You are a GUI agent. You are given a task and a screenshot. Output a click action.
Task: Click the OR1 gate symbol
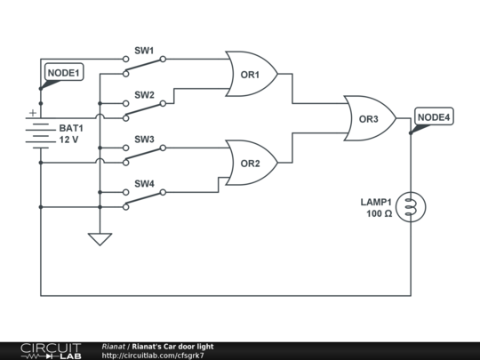[251, 74]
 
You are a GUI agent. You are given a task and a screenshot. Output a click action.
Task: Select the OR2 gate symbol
[251, 163]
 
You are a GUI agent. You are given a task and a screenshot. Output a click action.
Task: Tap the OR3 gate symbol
[370, 118]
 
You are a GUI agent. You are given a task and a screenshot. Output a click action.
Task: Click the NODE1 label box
[64, 73]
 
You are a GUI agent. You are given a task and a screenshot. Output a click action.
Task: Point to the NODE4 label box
[434, 116]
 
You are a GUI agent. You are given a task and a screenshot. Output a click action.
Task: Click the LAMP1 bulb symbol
[411, 207]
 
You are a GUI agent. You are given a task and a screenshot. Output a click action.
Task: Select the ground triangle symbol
[100, 239]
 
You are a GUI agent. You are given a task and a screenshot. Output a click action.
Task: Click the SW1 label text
[144, 51]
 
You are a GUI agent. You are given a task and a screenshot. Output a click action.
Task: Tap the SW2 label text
[144, 95]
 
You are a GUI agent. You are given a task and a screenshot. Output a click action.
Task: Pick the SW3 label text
[144, 140]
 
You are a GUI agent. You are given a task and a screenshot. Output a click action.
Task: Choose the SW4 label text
[144, 184]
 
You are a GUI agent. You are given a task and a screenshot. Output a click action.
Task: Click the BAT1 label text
[71, 128]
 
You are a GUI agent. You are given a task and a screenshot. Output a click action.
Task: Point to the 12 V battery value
[68, 140]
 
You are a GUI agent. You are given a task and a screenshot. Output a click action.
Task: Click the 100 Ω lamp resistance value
[380, 213]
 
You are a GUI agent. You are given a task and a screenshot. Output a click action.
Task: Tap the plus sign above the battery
[33, 113]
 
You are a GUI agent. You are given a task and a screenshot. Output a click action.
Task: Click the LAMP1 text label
[376, 202]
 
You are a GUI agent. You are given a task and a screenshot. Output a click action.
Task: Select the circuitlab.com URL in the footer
[153, 356]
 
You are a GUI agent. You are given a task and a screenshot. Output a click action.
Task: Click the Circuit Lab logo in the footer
[52, 351]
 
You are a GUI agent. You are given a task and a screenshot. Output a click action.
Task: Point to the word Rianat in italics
[114, 347]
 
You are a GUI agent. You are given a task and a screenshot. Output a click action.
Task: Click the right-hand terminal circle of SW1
[163, 59]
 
